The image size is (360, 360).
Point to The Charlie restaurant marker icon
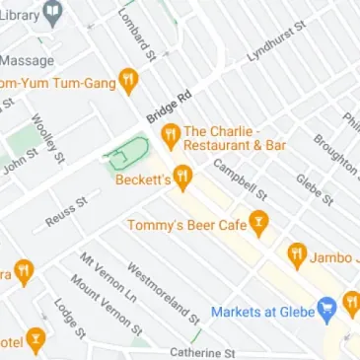pyautogui.click(x=170, y=132)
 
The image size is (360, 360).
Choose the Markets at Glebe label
pyautogui.click(x=261, y=312)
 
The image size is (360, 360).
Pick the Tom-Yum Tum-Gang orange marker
pyautogui.click(x=127, y=81)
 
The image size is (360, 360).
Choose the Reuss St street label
pyautogui.click(x=67, y=214)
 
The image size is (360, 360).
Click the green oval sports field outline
pyautogui.click(x=129, y=154)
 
